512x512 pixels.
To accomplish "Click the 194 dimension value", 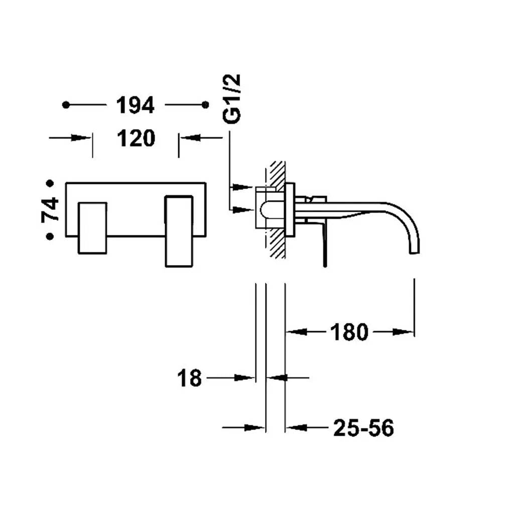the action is click(135, 105).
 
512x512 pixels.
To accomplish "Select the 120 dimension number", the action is click(136, 138).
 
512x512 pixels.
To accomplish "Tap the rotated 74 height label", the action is click(50, 210).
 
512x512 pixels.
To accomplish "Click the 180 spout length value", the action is click(349, 332).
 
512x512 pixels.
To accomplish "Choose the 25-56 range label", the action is click(363, 428).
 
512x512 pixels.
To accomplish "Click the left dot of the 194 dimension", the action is click(66, 105).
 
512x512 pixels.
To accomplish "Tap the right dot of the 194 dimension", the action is click(205, 105).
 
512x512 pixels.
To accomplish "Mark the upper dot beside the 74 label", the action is click(50, 184).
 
